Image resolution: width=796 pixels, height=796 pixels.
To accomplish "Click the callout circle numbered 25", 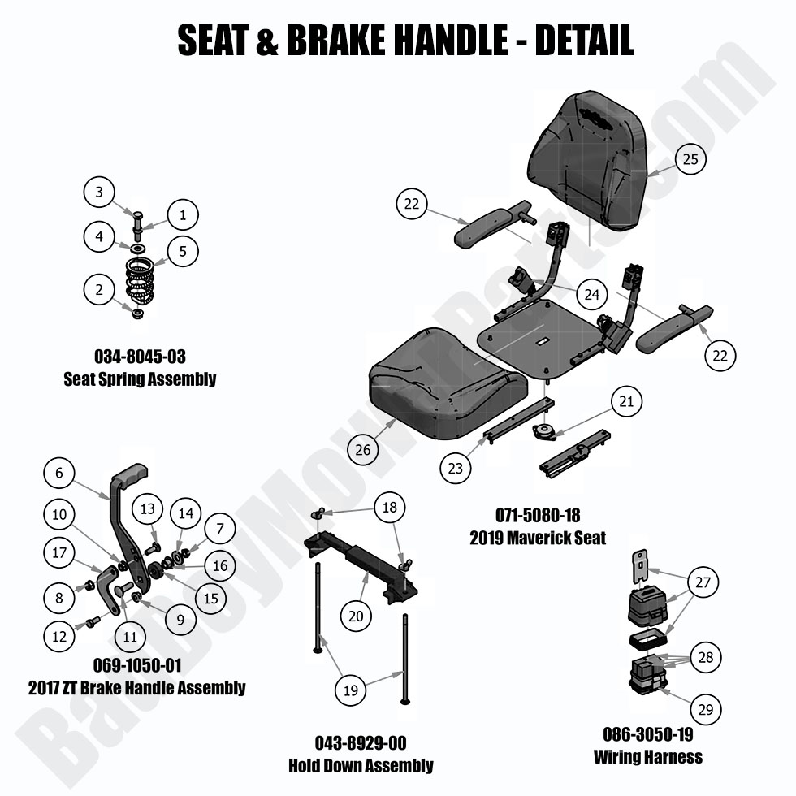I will (690, 159).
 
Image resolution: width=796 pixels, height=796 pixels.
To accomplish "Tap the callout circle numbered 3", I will (99, 193).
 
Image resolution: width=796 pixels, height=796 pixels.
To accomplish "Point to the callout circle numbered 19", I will (351, 690).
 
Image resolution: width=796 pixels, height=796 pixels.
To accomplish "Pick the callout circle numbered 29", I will (705, 710).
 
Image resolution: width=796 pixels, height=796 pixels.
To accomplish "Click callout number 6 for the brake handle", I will (58, 472).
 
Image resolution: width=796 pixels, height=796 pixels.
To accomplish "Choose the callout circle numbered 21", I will (625, 401).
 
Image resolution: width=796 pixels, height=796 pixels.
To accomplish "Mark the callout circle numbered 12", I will (58, 637).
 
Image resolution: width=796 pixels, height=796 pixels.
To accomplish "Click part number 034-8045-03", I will (140, 357).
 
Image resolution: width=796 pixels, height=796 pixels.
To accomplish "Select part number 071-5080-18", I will (538, 515).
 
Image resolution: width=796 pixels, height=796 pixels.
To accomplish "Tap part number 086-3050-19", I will (647, 734).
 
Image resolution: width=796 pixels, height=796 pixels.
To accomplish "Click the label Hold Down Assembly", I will (361, 765).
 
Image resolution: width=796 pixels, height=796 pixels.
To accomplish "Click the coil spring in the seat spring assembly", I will (143, 280).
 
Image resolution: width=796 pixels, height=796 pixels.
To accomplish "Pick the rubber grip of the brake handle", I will (133, 474).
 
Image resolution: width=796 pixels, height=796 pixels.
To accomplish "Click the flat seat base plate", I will (540, 333).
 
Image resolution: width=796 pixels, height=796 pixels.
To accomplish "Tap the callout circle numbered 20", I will (355, 616).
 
